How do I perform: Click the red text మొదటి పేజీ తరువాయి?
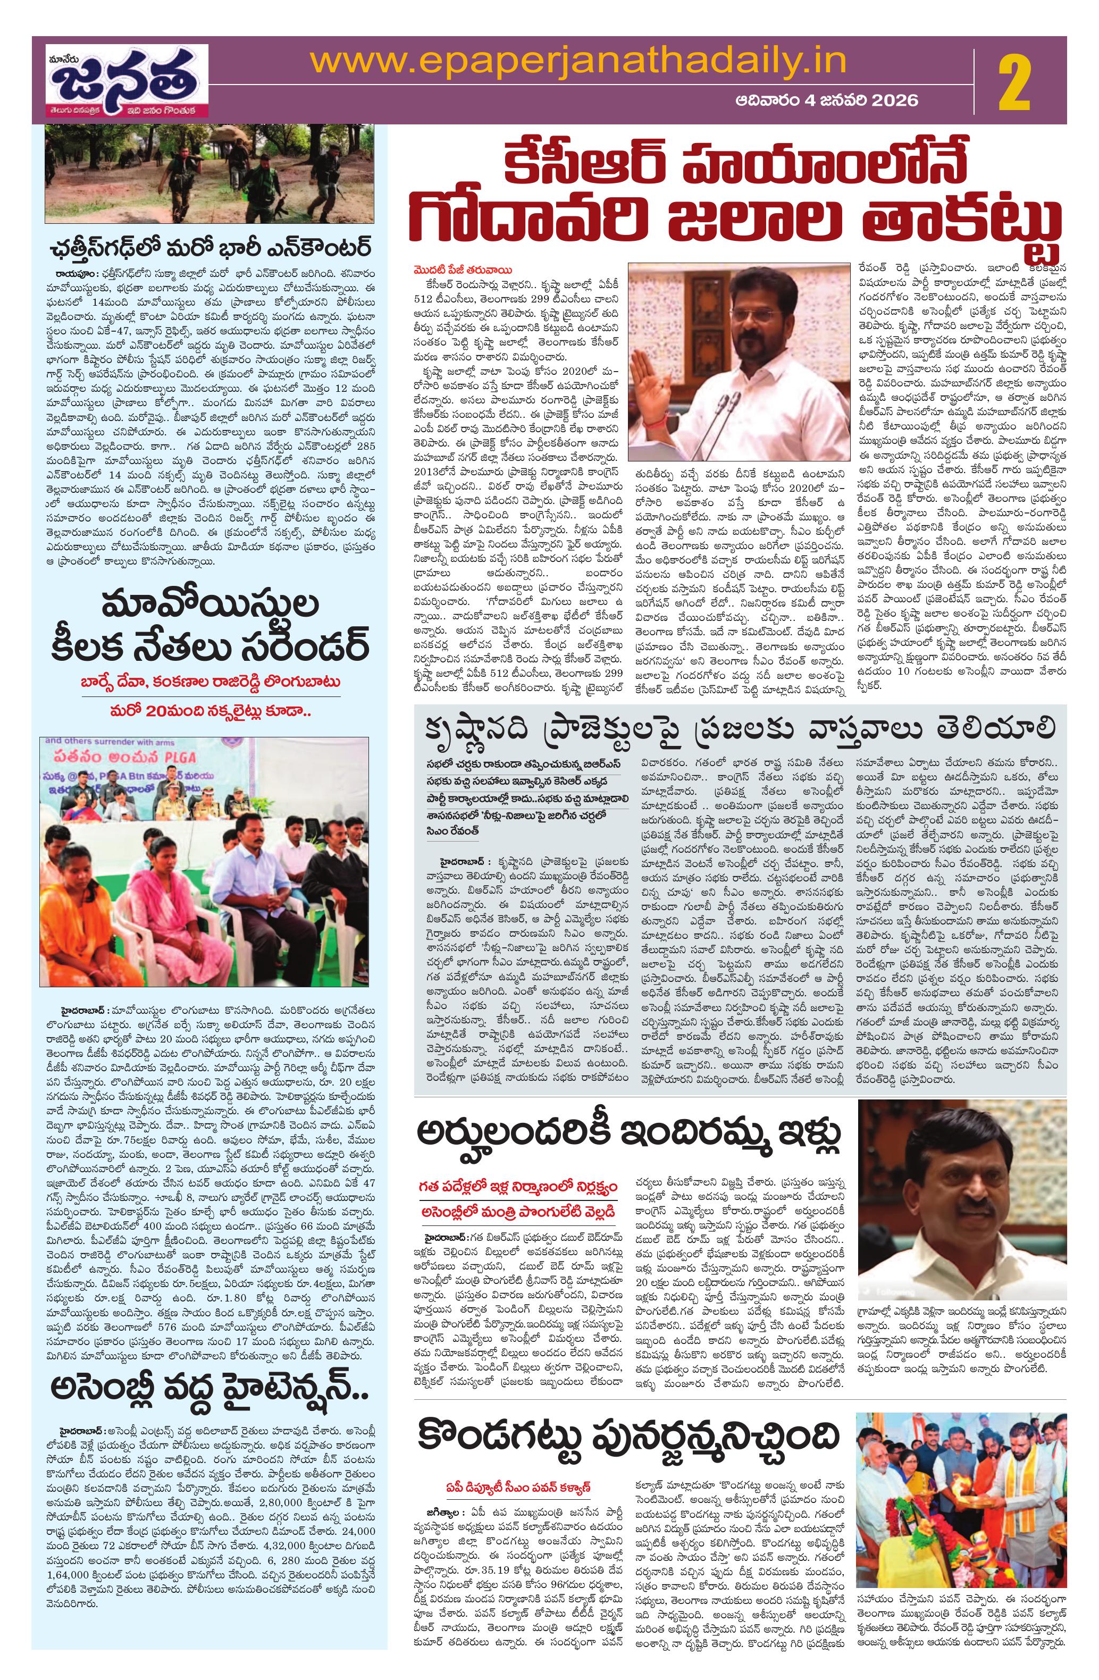pos(463,270)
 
